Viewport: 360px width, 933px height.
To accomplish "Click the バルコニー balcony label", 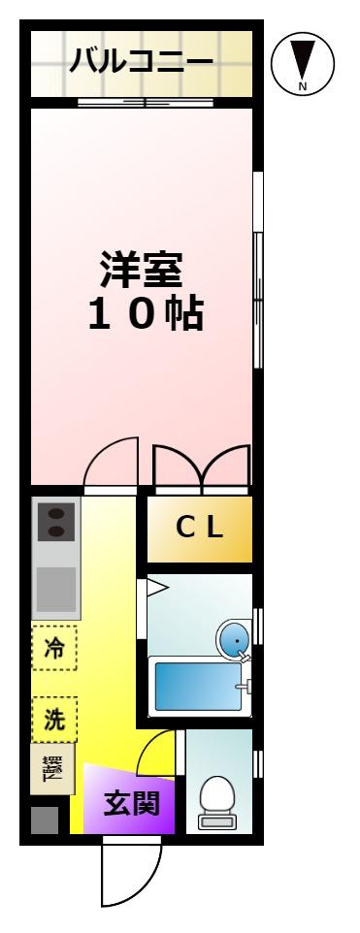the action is coord(141,62).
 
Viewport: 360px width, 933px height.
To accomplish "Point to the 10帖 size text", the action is coord(147,313).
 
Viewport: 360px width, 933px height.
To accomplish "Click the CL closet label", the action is coord(200,528).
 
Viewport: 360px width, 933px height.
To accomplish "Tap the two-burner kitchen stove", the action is coord(56,521).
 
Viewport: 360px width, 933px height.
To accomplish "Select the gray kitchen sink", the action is coord(56,589).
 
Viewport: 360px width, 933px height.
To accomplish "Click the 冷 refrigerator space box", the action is coord(54,648).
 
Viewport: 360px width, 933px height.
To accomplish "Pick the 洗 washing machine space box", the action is coord(54,720).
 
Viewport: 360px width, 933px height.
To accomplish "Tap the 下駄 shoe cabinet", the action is coord(53,769).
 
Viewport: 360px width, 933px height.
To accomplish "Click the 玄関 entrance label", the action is coord(132,804).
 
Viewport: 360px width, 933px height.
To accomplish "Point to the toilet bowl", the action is coord(217,802).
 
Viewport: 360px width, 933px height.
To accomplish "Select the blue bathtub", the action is coord(198,687).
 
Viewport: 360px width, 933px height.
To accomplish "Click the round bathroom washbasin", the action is coord(233,637).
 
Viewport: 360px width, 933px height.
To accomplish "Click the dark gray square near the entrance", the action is coord(45,820).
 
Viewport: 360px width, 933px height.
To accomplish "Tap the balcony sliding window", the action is coord(146,102).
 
